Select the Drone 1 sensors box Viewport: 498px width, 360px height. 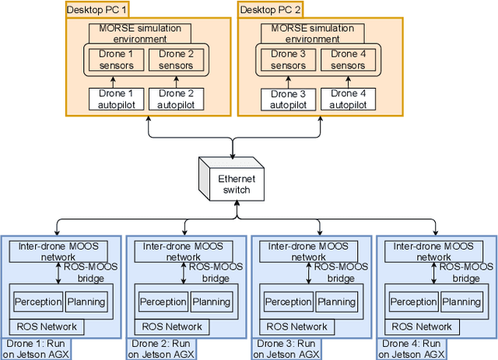[115, 60]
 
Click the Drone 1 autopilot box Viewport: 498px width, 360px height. [115, 99]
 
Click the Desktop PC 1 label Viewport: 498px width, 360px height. [98, 11]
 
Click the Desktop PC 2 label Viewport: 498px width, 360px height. [269, 11]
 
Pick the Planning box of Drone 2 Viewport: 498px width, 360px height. [210, 302]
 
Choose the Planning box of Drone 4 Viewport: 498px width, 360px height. [461, 302]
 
